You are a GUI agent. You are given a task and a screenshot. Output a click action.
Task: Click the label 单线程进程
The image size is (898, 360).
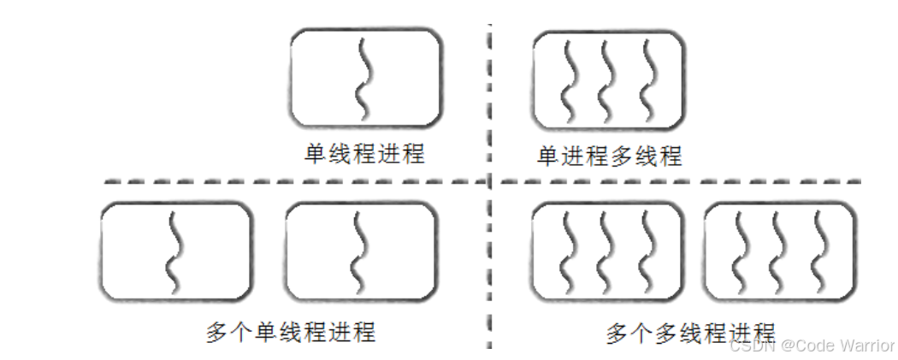point(364,155)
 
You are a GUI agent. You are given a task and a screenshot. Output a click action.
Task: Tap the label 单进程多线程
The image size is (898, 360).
point(609,156)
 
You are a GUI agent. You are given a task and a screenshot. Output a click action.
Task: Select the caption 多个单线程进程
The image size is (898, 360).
point(290,332)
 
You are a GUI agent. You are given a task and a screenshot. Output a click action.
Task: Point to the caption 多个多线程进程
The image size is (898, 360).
point(690,332)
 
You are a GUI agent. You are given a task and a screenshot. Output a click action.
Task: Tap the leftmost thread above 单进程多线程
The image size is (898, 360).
point(568,80)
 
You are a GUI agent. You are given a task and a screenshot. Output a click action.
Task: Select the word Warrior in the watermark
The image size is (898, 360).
point(867,345)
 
